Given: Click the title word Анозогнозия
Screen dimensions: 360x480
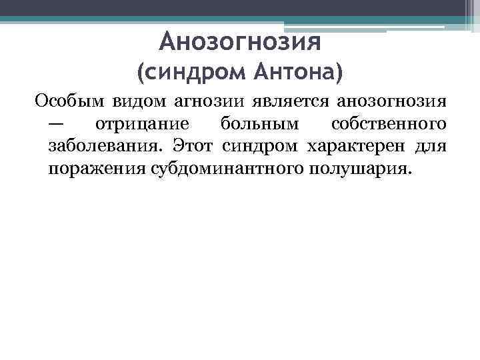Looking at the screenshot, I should (241, 42).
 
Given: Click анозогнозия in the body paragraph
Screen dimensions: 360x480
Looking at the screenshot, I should (390, 102).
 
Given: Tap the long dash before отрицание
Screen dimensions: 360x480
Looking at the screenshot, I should (57, 124).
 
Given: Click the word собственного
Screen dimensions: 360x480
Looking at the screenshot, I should (389, 124).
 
